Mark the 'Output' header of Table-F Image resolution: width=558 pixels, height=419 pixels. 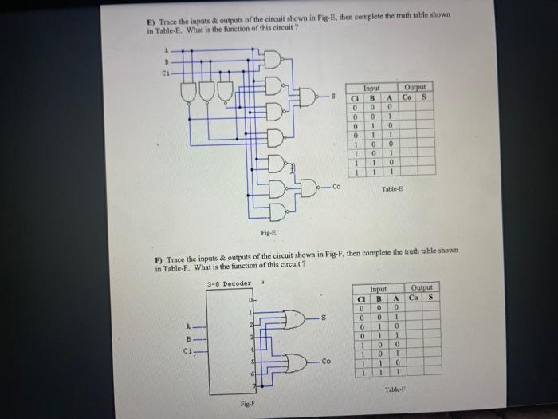click(x=422, y=288)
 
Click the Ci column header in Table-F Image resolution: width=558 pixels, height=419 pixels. click(x=361, y=297)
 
